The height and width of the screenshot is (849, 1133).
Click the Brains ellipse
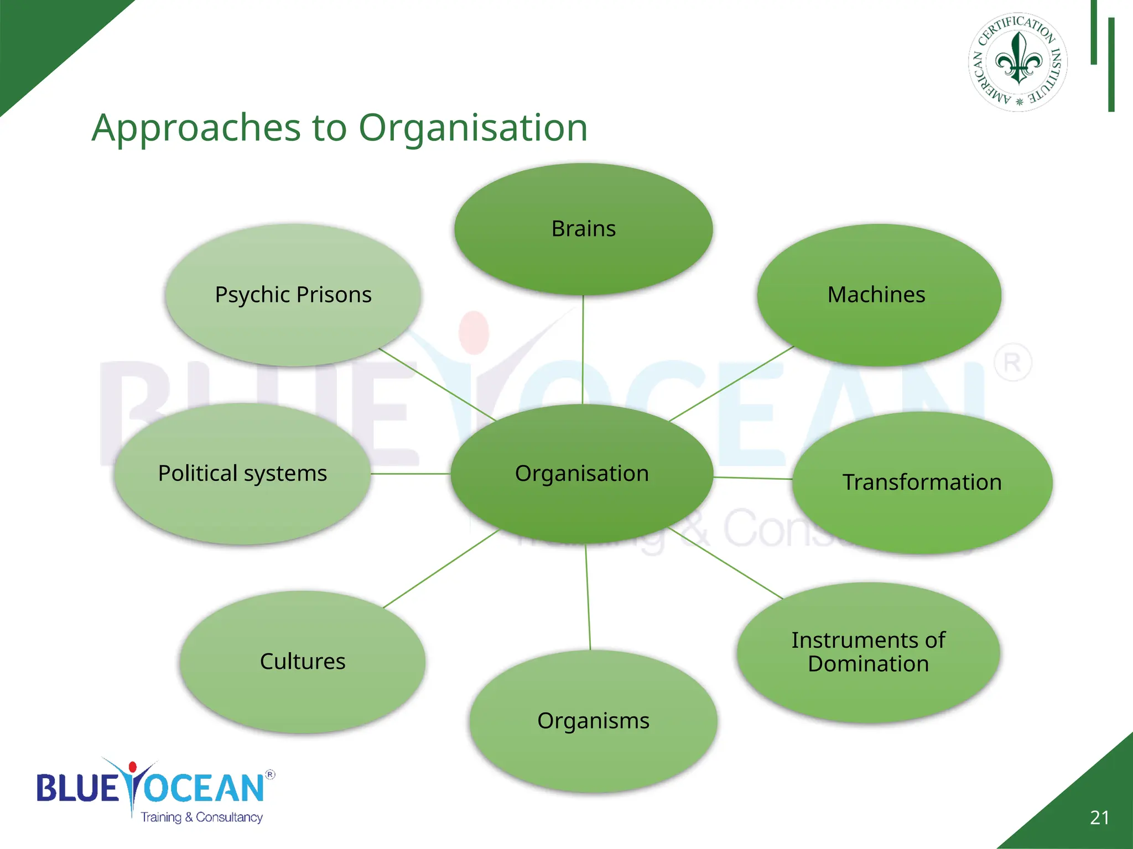[x=583, y=229]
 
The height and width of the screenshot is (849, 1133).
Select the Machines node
[x=879, y=295]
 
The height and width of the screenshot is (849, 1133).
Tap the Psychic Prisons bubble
[x=293, y=295]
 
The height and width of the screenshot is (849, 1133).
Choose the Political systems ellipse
[x=242, y=474]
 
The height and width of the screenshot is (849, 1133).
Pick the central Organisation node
[x=581, y=474]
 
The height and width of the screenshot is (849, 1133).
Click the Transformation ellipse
[x=922, y=483]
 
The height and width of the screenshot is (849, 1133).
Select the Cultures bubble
[x=302, y=662]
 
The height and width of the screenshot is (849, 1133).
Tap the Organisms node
[x=593, y=721]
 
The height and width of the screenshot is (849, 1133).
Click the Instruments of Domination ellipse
[x=868, y=652]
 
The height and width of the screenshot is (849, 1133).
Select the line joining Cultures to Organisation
[x=441, y=569]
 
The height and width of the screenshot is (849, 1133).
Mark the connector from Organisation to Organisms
[x=588, y=597]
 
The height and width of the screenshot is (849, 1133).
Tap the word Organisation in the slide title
[x=473, y=128]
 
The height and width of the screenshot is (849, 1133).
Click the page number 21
[x=1099, y=817]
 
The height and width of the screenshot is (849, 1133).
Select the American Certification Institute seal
[x=1018, y=62]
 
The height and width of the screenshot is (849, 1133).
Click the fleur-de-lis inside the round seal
[x=1018, y=58]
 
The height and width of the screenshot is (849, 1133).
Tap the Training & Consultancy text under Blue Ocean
[x=201, y=817]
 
